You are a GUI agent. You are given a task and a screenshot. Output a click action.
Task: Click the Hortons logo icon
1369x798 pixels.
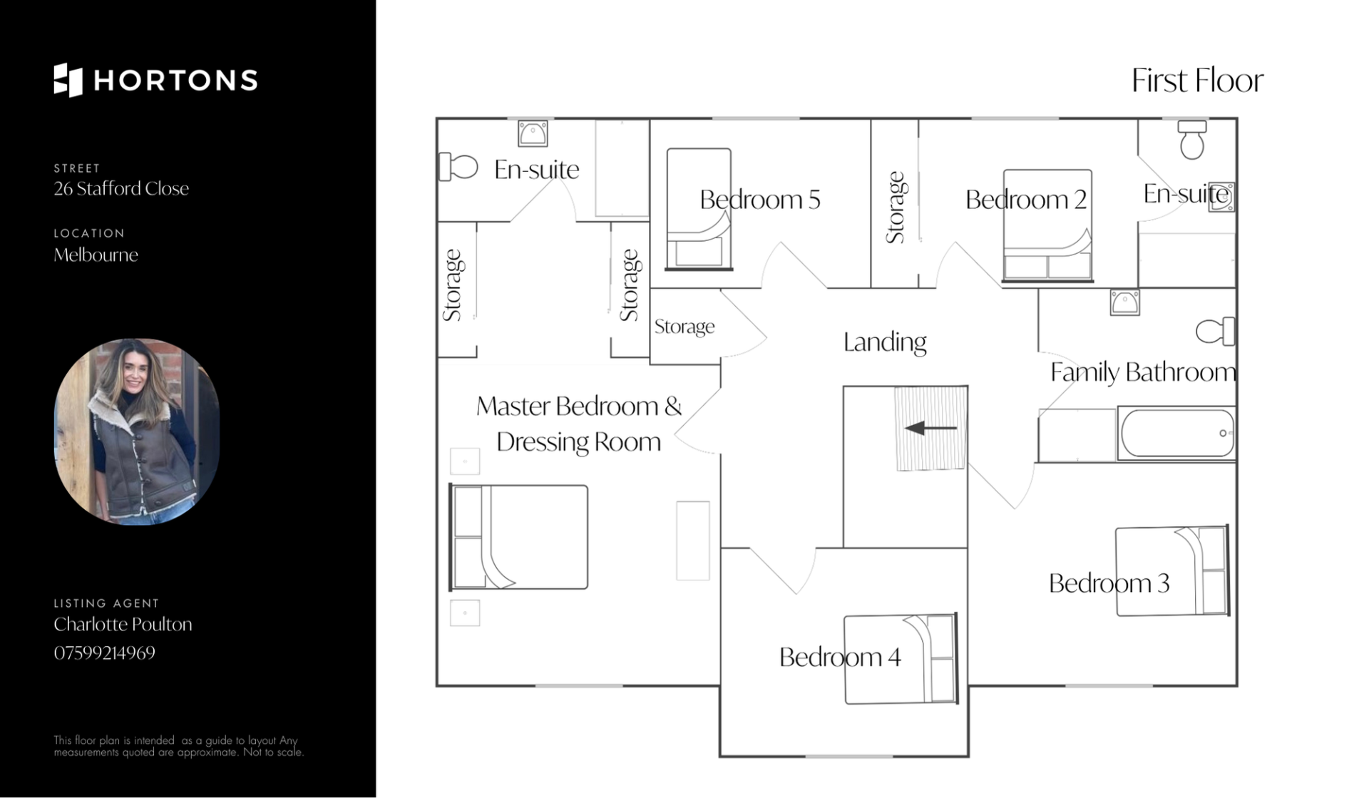click(x=68, y=80)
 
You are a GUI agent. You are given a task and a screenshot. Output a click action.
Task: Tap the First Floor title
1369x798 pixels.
click(x=1197, y=81)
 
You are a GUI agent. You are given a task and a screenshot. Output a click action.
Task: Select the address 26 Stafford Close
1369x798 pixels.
click(x=121, y=188)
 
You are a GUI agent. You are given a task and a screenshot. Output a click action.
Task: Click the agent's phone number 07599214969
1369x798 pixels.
click(x=105, y=653)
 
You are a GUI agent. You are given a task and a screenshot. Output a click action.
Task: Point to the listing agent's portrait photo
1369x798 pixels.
click(x=137, y=431)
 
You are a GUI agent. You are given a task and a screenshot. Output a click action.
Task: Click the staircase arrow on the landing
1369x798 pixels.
click(x=930, y=428)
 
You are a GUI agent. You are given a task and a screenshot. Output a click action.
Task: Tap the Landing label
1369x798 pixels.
click(x=885, y=342)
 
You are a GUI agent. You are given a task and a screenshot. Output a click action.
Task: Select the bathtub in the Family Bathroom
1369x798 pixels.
click(x=1177, y=433)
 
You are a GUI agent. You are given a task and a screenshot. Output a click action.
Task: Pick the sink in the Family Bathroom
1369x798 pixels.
click(x=1124, y=302)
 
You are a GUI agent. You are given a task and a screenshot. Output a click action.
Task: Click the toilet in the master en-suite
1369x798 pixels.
click(x=458, y=168)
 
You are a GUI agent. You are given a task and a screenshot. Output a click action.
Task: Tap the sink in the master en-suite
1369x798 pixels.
click(x=533, y=133)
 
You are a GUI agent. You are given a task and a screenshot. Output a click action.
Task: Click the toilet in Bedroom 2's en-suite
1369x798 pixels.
click(x=1192, y=140)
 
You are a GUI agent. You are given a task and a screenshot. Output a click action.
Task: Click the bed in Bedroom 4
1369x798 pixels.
click(x=900, y=659)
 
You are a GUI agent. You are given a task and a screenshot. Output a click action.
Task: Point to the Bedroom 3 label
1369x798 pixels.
click(x=1109, y=583)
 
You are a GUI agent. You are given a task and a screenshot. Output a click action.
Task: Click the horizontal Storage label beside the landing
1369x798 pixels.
click(x=684, y=327)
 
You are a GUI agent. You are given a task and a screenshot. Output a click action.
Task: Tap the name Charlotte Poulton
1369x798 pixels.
click(x=123, y=624)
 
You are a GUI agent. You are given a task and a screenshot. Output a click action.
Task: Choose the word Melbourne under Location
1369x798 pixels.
click(x=96, y=255)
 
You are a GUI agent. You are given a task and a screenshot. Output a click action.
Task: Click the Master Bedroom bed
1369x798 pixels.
click(x=518, y=537)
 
